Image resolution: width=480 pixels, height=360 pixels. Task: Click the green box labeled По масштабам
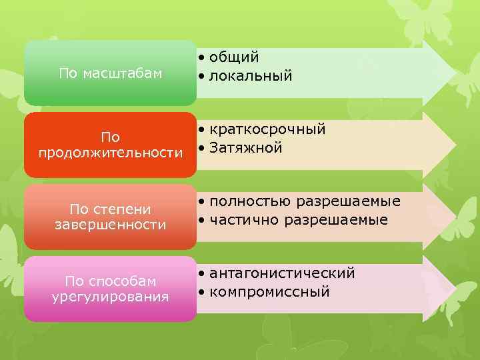110,73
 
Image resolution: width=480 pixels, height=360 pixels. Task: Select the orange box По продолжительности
110,145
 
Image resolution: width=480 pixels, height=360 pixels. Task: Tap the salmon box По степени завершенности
110,217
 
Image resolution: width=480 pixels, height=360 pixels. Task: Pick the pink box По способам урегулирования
110,289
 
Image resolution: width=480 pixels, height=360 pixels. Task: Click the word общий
234,58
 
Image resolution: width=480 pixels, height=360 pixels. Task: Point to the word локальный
251,76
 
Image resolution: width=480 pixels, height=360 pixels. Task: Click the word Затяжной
246,147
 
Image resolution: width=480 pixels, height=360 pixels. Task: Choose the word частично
245,219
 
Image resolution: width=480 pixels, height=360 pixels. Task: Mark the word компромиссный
269,291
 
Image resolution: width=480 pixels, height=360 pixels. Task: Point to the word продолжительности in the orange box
110,153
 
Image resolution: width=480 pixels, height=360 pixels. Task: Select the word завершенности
110,225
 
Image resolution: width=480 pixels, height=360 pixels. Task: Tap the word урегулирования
110,297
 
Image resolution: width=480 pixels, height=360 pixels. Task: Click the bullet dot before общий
201,59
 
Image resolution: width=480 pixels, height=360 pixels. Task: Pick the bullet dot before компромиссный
201,292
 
